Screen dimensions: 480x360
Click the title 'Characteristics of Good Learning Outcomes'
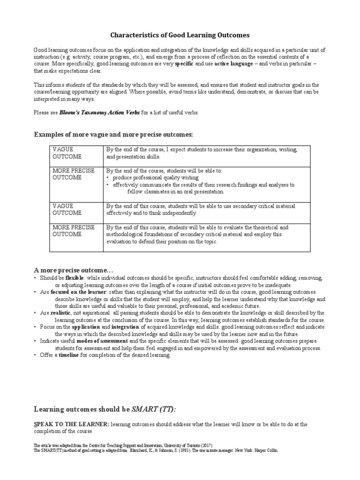coord(180,35)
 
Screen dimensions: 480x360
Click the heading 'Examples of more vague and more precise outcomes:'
coord(113,135)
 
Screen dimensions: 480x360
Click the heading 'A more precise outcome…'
coord(74,271)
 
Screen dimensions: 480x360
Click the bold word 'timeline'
coord(69,355)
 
